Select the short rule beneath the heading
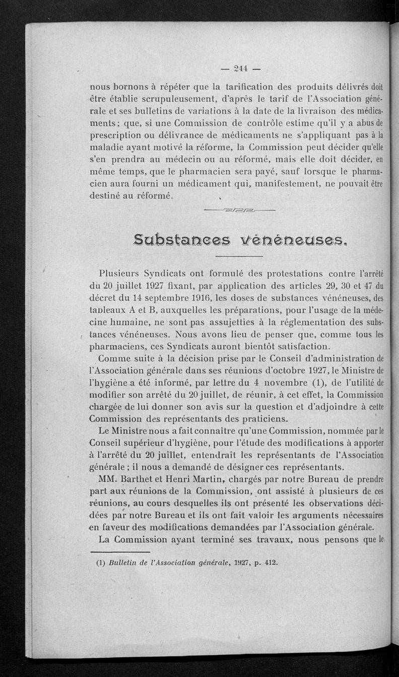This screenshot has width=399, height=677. [239, 257]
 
